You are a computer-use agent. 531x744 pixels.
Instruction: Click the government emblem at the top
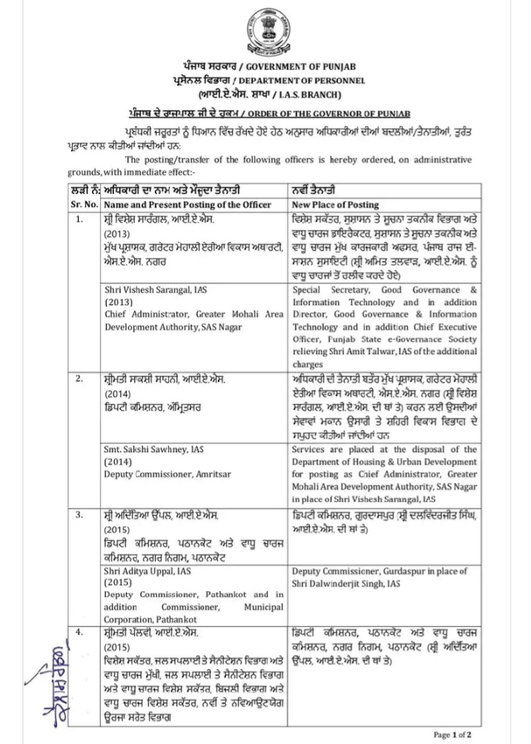tap(265, 28)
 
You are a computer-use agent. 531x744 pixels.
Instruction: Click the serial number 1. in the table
tap(79, 220)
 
